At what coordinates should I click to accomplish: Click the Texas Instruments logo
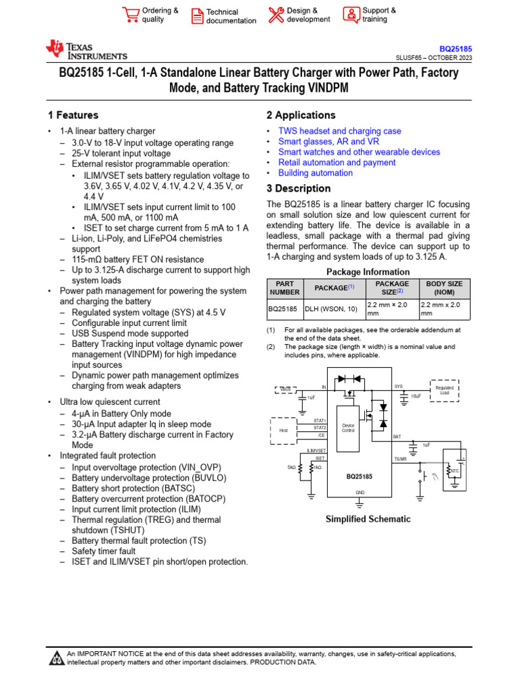86,50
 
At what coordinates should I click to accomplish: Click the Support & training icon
351,15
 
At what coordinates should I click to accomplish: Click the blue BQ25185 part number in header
456,49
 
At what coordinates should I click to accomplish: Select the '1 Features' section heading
73,115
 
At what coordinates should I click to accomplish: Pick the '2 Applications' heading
301,115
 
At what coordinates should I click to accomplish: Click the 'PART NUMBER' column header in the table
285,288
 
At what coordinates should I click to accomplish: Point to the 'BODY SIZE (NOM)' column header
444,288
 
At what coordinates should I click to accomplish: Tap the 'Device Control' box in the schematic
348,428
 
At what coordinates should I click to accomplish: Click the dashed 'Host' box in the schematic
283,429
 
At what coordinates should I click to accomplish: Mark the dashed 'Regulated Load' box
444,391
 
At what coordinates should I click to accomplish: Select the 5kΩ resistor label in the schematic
291,467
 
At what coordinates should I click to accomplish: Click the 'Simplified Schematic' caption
368,519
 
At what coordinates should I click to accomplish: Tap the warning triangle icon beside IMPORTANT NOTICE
57,659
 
